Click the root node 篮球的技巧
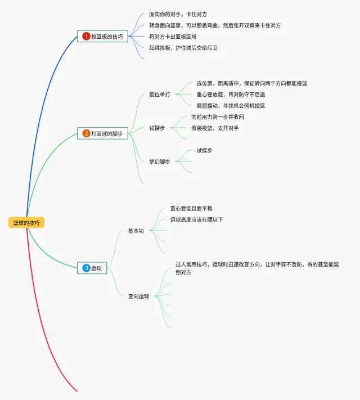pyautogui.click(x=26, y=223)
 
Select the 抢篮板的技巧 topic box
pyautogui.click(x=103, y=37)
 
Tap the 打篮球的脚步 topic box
pyautogui.click(x=103, y=133)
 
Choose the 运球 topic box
pyautogui.click(x=92, y=268)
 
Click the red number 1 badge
pyautogui.click(x=86, y=37)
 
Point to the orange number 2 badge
pyautogui.click(x=86, y=133)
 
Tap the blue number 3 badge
pyautogui.click(x=86, y=268)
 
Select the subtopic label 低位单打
pyautogui.click(x=160, y=95)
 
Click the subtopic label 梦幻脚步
pyautogui.click(x=160, y=161)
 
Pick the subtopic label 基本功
pyautogui.click(x=136, y=231)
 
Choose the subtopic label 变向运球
pyautogui.click(x=138, y=296)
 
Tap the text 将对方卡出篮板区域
pyautogui.click(x=173, y=37)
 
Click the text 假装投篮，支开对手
pyautogui.click(x=215, y=128)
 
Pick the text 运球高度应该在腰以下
pyautogui.click(x=196, y=219)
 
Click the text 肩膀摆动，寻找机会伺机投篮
pyautogui.click(x=231, y=105)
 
